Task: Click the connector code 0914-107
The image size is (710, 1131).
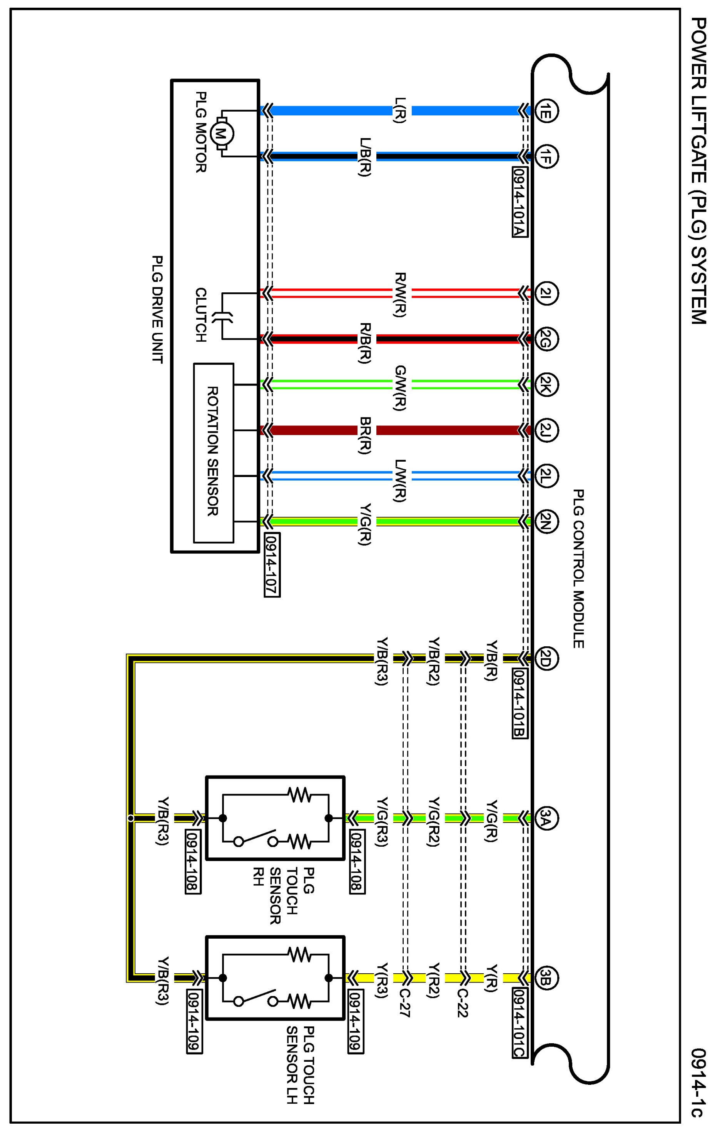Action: click(272, 565)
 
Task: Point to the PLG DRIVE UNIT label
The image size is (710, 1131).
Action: click(158, 309)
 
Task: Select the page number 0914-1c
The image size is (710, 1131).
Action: click(698, 1086)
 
